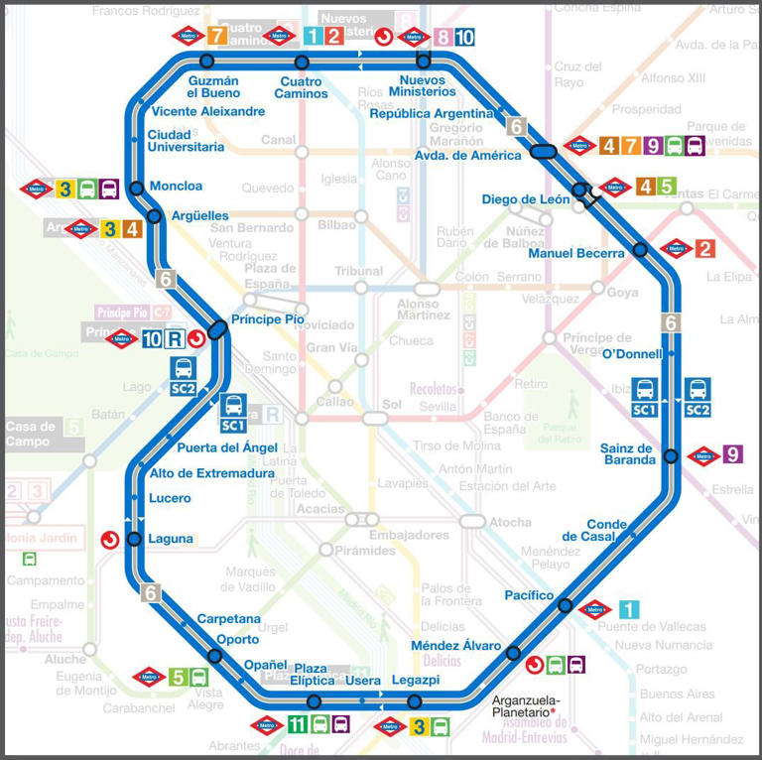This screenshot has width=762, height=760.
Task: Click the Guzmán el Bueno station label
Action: click(213, 87)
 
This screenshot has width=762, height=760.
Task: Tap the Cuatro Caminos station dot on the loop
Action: click(303, 63)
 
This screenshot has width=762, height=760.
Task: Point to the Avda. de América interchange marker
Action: click(543, 152)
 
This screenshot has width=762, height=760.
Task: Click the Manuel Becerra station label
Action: click(576, 253)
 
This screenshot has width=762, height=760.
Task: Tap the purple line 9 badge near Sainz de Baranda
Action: click(732, 454)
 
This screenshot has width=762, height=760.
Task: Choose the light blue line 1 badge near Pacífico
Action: click(628, 610)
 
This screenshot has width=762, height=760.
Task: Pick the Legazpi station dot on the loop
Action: click(415, 702)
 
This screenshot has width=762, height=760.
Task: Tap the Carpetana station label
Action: click(228, 618)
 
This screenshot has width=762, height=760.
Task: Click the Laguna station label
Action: click(170, 539)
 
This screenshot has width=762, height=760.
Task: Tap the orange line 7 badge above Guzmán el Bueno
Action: click(218, 38)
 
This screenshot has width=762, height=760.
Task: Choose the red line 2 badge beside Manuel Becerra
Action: click(704, 249)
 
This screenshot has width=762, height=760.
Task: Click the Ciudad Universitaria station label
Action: click(186, 141)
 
